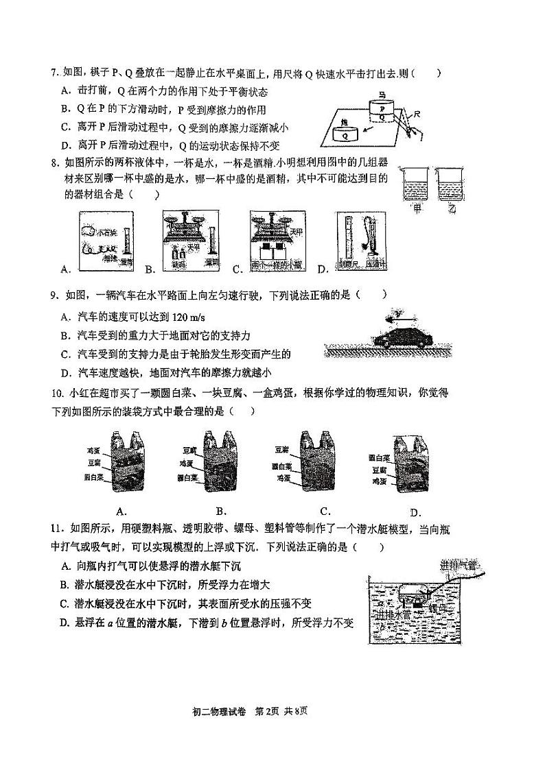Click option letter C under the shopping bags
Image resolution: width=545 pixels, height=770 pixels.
tap(326, 511)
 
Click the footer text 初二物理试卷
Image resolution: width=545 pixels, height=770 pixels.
tap(220, 710)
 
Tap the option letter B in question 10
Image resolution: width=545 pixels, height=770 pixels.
tap(221, 511)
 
